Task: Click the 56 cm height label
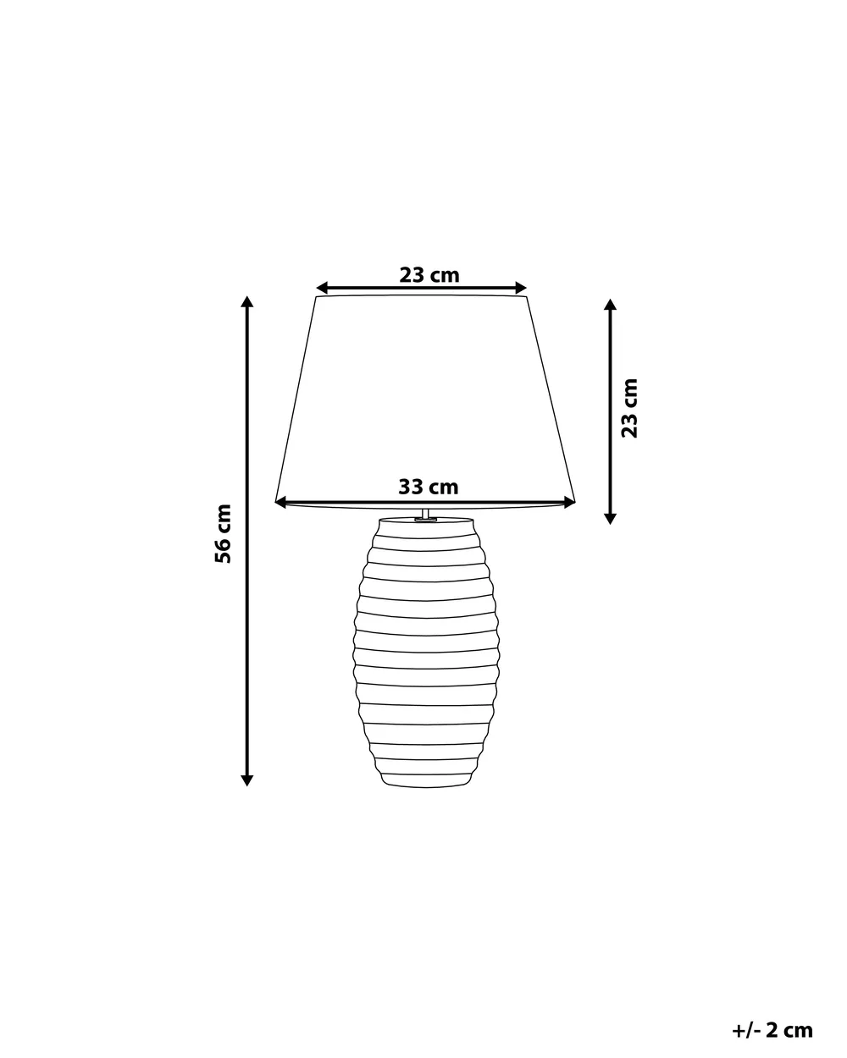point(223,533)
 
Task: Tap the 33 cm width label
point(429,487)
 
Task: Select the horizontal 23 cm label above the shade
point(429,275)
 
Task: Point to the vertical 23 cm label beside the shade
point(629,408)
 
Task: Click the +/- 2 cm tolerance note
point(772,1017)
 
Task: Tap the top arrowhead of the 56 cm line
point(247,301)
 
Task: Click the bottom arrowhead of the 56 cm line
point(247,780)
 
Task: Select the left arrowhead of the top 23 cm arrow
point(322,288)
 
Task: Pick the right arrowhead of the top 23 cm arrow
point(521,288)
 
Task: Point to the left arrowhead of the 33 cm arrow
point(281,503)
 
